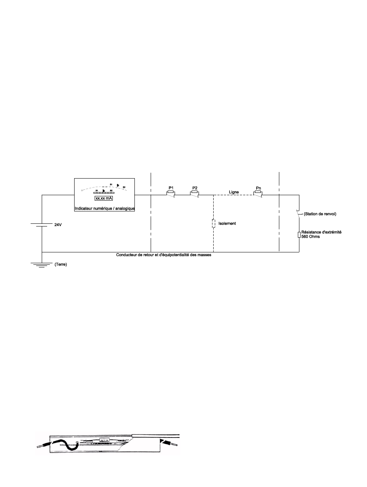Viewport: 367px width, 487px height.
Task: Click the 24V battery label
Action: click(58, 224)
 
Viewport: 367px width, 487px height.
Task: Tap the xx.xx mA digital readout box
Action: click(104, 198)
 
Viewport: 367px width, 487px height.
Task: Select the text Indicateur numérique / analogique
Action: click(104, 209)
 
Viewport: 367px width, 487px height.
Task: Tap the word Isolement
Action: click(227, 223)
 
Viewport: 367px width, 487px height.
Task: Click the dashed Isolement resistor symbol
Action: click(213, 224)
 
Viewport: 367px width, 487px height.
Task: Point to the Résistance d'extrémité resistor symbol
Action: click(299, 235)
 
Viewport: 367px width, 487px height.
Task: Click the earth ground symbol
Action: click(42, 265)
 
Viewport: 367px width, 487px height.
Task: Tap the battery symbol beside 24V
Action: click(42, 225)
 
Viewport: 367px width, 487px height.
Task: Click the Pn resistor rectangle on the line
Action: click(258, 192)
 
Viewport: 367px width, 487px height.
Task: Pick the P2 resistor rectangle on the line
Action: click(195, 192)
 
